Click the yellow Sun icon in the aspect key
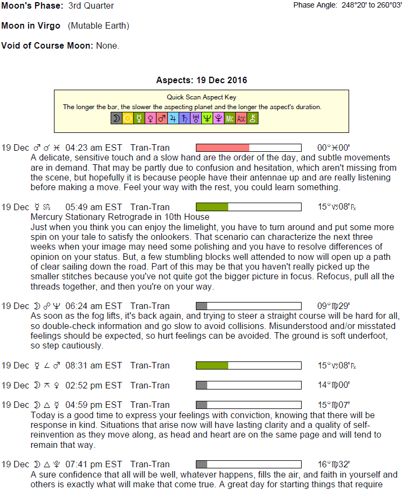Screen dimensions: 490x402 [128, 118]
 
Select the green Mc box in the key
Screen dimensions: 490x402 [230, 118]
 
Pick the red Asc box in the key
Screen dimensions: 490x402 [241, 118]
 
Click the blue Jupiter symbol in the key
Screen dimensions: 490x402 [173, 118]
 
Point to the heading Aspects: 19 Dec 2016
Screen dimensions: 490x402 [201, 80]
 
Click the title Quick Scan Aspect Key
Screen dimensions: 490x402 [201, 97]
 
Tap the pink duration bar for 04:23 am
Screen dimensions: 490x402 [222, 147]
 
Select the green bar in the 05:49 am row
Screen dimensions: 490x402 [212, 207]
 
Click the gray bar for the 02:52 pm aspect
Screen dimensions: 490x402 [202, 385]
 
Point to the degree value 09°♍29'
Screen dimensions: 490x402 [333, 306]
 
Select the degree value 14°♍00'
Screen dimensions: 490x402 [333, 385]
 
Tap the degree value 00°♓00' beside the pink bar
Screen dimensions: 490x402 [333, 147]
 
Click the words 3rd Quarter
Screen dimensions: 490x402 [91, 6]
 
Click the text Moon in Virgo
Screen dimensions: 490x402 [31, 26]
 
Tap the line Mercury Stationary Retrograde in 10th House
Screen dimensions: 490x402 [120, 217]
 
